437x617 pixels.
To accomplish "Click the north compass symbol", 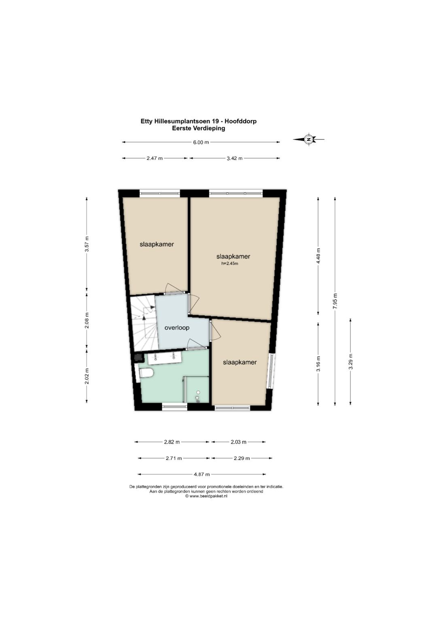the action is (309, 139).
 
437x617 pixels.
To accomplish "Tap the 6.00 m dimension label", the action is (201, 142).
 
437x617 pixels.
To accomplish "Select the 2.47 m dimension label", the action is (155, 158).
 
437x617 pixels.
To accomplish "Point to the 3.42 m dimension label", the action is (235, 158).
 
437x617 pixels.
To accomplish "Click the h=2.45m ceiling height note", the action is (229, 263).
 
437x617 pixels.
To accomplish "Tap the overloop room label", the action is (177, 328).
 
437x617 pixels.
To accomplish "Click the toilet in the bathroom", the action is (146, 373).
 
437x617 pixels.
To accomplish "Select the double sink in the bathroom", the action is (164, 358).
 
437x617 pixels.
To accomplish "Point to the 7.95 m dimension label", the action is (335, 301).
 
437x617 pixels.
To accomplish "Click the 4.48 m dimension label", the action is (318, 256).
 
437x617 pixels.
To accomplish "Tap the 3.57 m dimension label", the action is (87, 244).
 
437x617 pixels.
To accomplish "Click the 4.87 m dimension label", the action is (202, 474).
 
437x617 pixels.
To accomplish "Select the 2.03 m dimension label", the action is (238, 442).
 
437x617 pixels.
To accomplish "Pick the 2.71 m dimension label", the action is (174, 458).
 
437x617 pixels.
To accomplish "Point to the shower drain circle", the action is (198, 392).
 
